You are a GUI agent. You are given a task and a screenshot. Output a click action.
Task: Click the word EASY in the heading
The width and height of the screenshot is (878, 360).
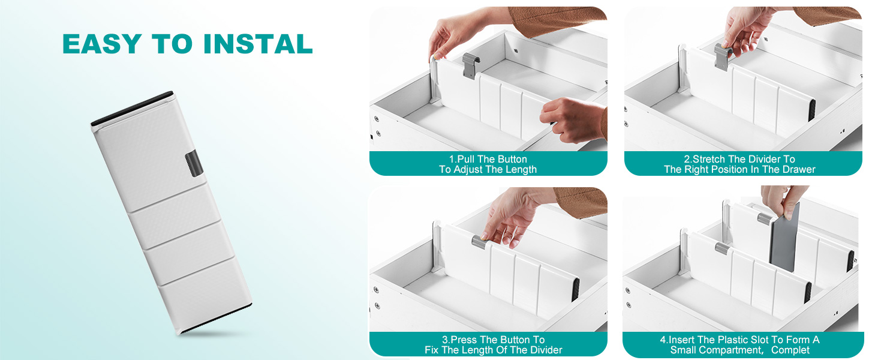pyautogui.click(x=103, y=44)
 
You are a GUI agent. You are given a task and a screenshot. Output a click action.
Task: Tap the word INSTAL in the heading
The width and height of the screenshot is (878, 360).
pyautogui.click(x=258, y=44)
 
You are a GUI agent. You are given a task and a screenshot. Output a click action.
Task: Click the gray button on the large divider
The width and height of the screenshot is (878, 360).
pyautogui.click(x=194, y=163)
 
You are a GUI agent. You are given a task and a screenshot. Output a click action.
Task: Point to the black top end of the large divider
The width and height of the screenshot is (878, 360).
pyautogui.click(x=132, y=109)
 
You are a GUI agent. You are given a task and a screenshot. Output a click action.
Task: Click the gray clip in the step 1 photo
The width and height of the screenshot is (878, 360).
pyautogui.click(x=471, y=65)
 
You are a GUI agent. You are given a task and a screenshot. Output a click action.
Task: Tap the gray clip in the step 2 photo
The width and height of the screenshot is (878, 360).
pyautogui.click(x=723, y=56)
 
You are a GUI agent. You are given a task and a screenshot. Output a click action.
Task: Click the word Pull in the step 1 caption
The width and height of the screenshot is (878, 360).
pyautogui.click(x=466, y=159)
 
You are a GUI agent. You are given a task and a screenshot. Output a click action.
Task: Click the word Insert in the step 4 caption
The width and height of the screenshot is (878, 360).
pyautogui.click(x=682, y=340)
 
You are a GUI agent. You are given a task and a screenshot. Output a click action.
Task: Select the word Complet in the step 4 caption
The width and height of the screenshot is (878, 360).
pyautogui.click(x=790, y=350)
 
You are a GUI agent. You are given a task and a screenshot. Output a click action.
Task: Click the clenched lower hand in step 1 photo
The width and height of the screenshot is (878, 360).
pyautogui.click(x=573, y=120)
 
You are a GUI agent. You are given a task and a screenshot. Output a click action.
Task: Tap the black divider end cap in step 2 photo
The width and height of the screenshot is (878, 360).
pyautogui.click(x=811, y=110)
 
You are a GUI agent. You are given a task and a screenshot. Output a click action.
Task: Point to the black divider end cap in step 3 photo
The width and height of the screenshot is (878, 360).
pyautogui.click(x=575, y=289)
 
